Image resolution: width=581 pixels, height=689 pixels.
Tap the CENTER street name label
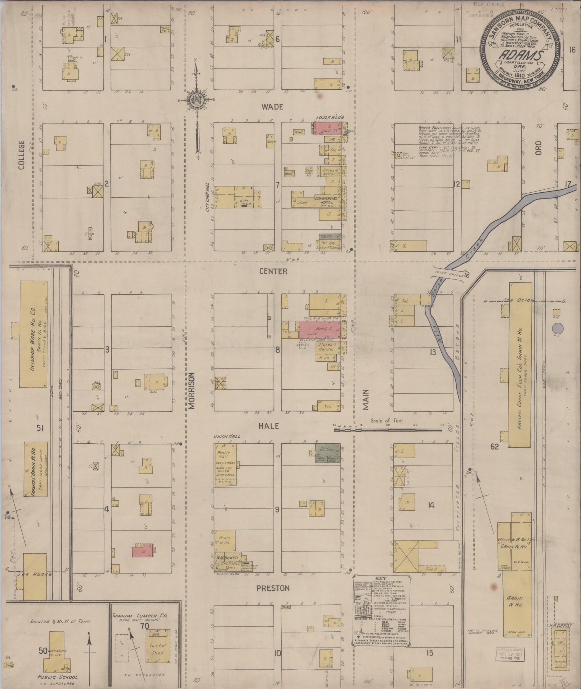(x=273, y=271)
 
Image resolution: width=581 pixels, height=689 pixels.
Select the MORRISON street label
(x=191, y=390)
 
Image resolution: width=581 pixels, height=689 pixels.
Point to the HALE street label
(x=269, y=426)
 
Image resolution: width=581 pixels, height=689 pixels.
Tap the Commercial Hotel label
(x=326, y=201)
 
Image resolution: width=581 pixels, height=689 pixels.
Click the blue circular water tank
(x=558, y=328)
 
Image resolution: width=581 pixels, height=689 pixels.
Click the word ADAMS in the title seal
(x=520, y=56)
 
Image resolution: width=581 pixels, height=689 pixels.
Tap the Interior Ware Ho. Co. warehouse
(x=33, y=334)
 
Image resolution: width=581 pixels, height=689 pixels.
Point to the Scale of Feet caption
(x=388, y=420)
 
